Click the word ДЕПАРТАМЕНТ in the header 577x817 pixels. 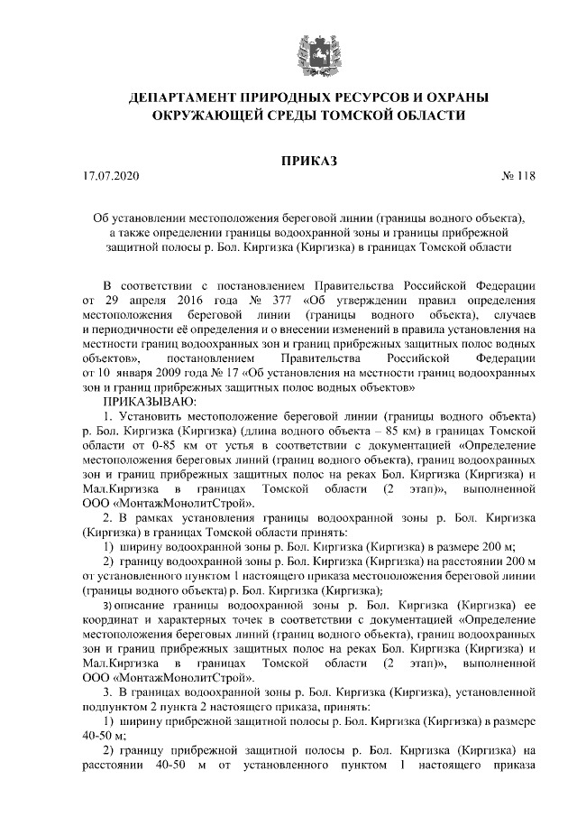[181, 97]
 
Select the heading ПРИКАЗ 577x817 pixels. [310, 162]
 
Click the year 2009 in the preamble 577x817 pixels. [183, 372]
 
